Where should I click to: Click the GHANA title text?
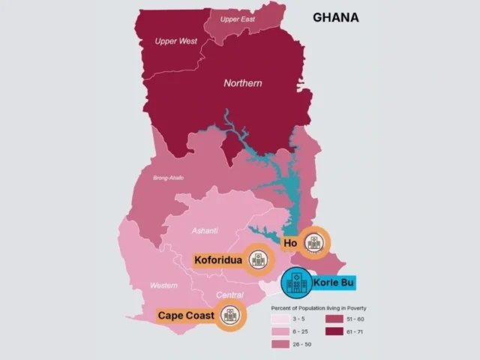335,17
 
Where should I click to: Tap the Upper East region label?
237,19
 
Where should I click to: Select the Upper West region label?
175,40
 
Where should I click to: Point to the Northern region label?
243,83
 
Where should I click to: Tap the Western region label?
163,285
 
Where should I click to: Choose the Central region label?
229,295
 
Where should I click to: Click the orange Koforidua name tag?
217,260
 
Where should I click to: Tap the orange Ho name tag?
289,244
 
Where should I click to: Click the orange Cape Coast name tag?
186,315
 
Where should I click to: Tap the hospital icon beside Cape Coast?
230,314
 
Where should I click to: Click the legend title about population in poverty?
318,308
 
